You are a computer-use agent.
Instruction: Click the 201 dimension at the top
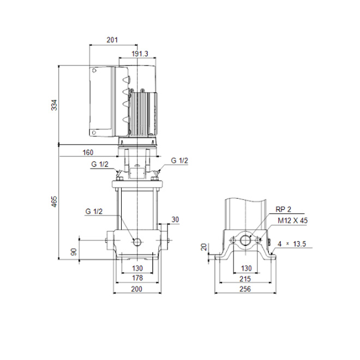[112, 40]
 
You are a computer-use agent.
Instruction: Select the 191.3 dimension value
[140, 53]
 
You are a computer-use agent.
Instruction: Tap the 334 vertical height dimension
[54, 105]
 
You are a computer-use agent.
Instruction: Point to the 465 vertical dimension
[54, 201]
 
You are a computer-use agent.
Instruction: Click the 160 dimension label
[88, 152]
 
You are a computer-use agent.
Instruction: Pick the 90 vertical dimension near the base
[74, 252]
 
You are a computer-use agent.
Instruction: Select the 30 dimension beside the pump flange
[175, 219]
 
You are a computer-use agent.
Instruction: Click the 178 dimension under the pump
[137, 278]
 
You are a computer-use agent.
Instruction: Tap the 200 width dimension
[137, 289]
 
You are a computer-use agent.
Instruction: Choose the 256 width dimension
[245, 289]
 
